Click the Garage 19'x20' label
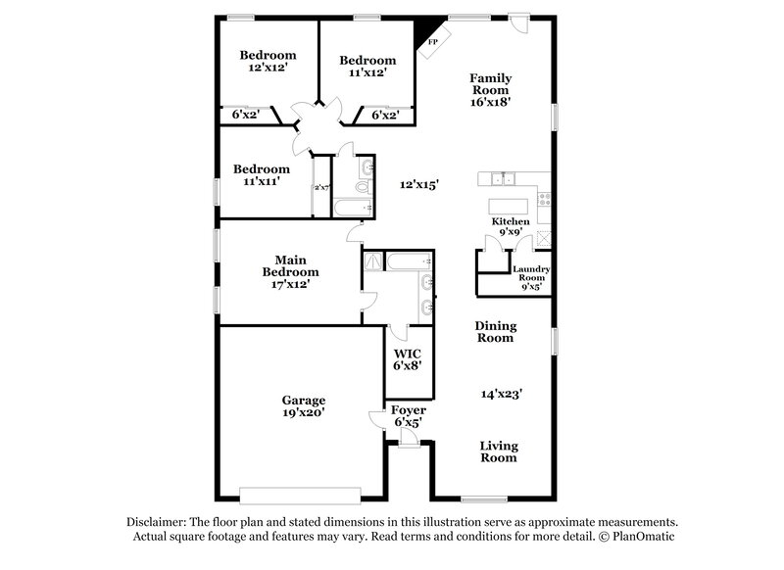pyautogui.click(x=304, y=406)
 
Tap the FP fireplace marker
pyautogui.click(x=432, y=42)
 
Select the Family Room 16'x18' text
pyautogui.click(x=490, y=89)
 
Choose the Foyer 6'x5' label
pyautogui.click(x=408, y=416)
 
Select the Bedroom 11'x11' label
pyautogui.click(x=262, y=175)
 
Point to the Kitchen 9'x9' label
pyautogui.click(x=511, y=228)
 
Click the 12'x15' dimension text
pyautogui.click(x=419, y=183)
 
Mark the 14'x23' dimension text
pyautogui.click(x=501, y=394)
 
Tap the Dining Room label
pyautogui.click(x=496, y=332)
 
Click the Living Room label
pyautogui.click(x=498, y=451)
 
